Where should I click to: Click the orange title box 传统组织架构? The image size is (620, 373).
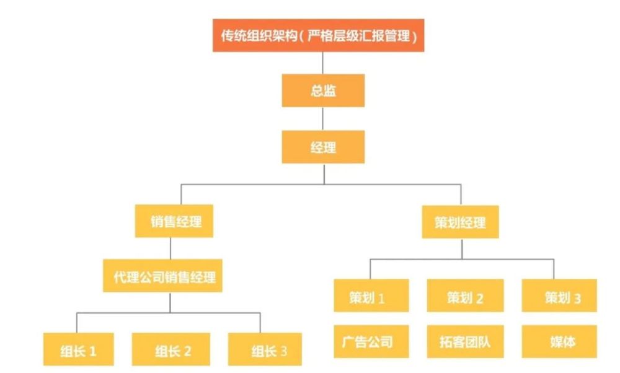pos(318,35)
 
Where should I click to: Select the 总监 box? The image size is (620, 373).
pos(323,90)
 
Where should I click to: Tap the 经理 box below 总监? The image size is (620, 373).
pos(323,147)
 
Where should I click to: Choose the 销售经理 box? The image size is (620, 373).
pos(174,221)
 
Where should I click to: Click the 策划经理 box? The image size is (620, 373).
pos(460,222)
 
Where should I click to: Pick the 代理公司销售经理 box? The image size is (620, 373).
pos(162,276)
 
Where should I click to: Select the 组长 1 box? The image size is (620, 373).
pos(79,349)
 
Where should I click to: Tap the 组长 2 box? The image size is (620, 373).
pos(171,349)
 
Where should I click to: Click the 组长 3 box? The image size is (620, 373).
pos(265,349)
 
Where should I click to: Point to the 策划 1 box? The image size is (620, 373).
pos(371,296)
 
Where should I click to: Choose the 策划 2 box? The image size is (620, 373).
pos(466,296)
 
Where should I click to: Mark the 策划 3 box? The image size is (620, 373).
pos(559,296)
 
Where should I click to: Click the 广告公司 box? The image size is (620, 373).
pos(371,342)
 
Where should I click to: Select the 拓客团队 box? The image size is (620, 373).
pos(466,342)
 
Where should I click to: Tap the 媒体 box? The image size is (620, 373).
pos(559,342)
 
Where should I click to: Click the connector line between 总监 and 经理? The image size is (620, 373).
pos(323,118)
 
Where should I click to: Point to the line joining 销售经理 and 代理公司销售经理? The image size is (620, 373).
pos(170,248)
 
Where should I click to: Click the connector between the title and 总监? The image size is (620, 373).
pos(322,63)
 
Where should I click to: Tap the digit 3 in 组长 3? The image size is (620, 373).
pos(283,351)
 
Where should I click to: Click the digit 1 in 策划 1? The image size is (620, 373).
pos(381,298)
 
